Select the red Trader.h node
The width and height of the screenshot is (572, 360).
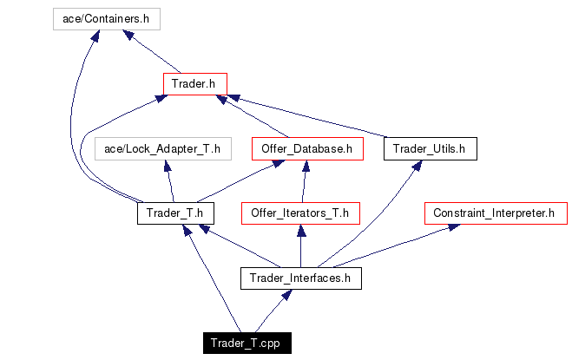194,84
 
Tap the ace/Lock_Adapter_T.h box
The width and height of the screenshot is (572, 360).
162,149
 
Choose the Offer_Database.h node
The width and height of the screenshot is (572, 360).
307,149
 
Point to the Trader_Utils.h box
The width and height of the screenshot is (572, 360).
429,149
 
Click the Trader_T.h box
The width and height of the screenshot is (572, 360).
174,213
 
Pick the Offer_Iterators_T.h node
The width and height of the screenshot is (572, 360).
299,213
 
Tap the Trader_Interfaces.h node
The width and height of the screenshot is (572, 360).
299,278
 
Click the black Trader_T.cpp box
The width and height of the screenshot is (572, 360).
247,344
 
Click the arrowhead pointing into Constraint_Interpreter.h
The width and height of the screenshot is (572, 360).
454,227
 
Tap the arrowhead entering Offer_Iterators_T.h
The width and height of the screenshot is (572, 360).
300,230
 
